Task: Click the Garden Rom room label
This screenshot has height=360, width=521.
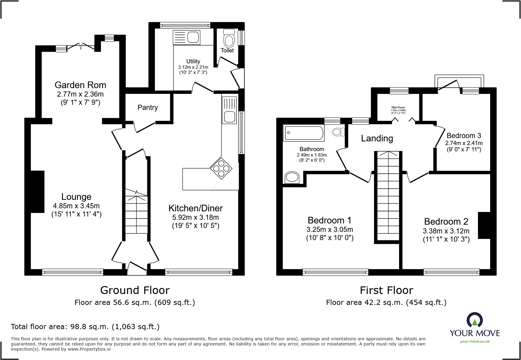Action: tap(80, 85)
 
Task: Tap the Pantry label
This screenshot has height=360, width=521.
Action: tap(148, 107)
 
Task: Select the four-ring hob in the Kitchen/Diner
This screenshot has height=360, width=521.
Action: tap(221, 168)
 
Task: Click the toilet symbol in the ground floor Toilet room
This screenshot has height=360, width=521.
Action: tap(229, 39)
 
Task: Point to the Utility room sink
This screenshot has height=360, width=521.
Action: tap(186, 38)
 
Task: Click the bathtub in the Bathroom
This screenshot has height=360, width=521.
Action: tap(303, 133)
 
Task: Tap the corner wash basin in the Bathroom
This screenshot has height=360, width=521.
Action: tap(292, 177)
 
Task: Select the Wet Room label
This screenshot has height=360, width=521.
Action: tap(398, 107)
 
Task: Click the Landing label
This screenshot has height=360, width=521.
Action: tap(377, 138)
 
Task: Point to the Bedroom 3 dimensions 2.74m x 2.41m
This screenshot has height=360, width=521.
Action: tap(464, 143)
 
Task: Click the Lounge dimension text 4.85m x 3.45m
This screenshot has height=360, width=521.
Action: tap(76, 206)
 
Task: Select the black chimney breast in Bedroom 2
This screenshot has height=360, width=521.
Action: tap(484, 225)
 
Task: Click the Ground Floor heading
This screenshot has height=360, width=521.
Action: tap(135, 290)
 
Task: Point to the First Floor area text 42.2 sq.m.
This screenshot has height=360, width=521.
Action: tap(386, 302)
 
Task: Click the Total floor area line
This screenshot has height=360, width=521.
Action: tap(85, 327)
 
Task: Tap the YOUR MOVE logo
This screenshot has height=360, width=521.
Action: tap(474, 328)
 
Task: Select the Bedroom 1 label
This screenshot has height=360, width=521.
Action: tap(329, 220)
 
